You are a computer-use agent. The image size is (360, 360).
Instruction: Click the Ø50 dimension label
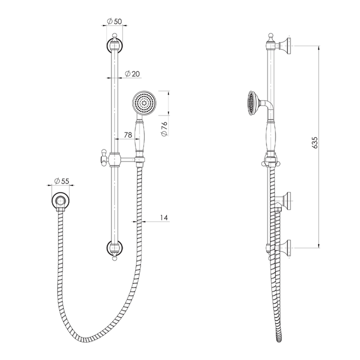[x=114, y=22]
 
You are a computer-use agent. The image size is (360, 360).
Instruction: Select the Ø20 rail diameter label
[x=132, y=73]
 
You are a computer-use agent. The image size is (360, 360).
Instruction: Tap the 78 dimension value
[x=127, y=135]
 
